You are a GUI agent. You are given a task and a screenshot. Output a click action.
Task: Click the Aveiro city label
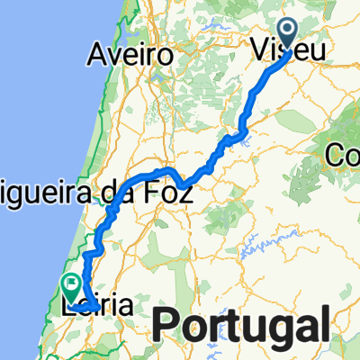[x=131, y=55]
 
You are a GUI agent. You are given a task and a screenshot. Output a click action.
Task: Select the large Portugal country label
[x=242, y=323]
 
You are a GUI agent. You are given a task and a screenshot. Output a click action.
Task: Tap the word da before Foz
[x=130, y=190]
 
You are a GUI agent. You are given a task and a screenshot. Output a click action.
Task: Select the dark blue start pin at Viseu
[x=289, y=32]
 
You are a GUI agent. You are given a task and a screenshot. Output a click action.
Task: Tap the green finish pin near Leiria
[x=70, y=286]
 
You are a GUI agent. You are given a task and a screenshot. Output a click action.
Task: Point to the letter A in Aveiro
[x=98, y=55]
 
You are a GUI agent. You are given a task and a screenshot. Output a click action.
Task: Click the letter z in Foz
[x=185, y=191]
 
